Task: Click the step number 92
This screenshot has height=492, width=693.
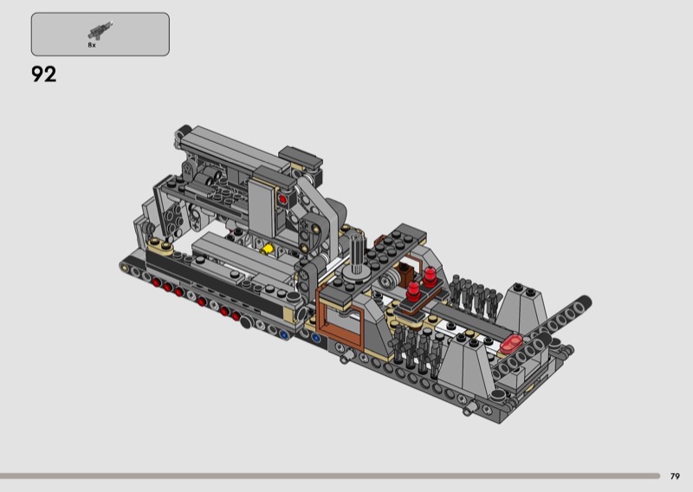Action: click(44, 74)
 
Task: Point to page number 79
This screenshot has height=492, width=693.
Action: click(675, 476)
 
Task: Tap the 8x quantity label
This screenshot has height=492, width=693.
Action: click(92, 45)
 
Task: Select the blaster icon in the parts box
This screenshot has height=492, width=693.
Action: click(100, 31)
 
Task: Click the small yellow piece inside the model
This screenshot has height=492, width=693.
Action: click(267, 249)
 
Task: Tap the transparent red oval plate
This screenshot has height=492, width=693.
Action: click(511, 344)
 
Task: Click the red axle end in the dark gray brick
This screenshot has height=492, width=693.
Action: click(282, 199)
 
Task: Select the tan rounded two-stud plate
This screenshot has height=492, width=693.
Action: click(160, 246)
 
